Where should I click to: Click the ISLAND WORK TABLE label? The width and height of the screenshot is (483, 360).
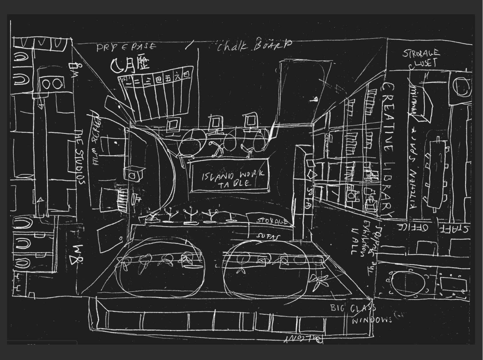tap(230, 179)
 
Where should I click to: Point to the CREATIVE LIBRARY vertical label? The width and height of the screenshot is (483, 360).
tap(388, 149)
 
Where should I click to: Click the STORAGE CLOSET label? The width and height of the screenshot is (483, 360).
tap(421, 58)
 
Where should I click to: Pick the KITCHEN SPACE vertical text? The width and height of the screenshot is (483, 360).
tap(414, 169)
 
